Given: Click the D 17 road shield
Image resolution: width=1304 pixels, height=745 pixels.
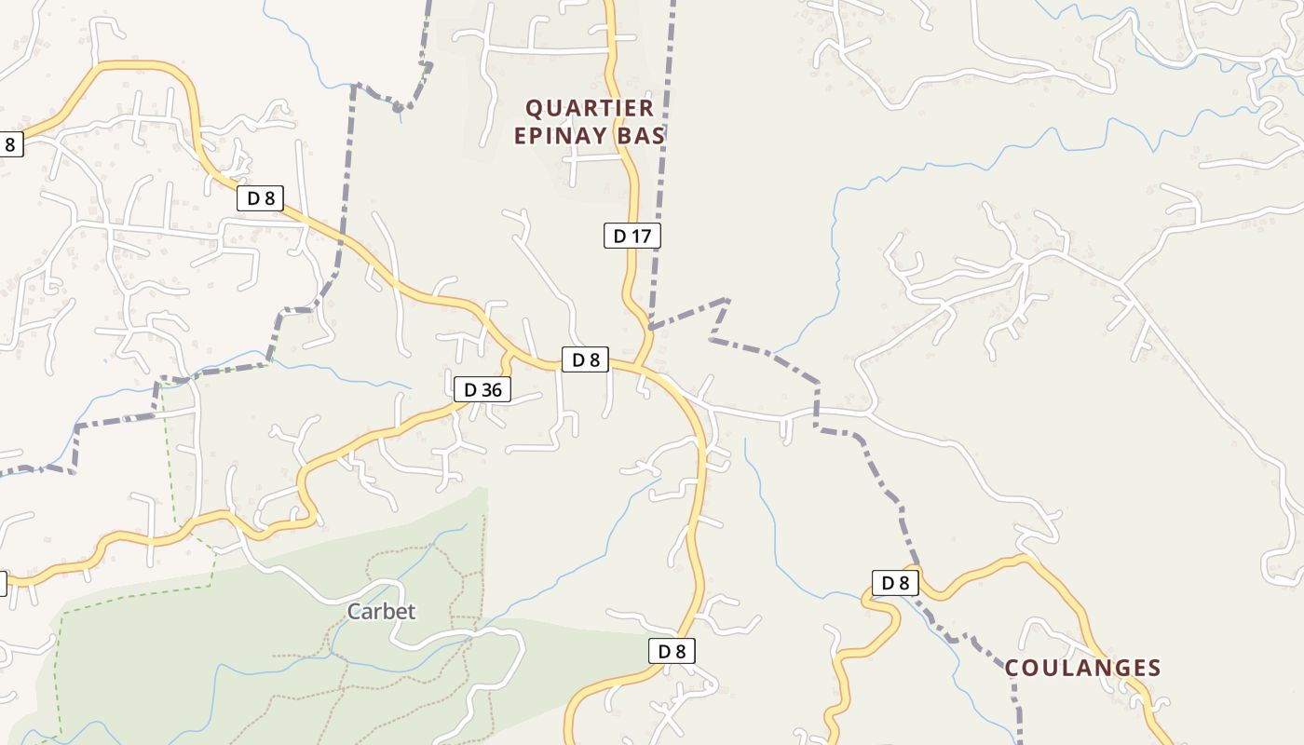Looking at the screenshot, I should click(x=632, y=236).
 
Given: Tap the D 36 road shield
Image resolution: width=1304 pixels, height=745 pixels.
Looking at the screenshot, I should click(x=482, y=390).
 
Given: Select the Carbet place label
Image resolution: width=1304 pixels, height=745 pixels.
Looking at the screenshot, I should click(x=381, y=612).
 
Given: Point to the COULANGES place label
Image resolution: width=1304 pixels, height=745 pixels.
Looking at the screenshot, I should click(x=1082, y=668).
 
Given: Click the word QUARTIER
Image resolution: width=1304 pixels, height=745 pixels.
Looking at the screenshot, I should click(x=591, y=108).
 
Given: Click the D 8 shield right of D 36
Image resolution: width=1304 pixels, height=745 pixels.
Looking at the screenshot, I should click(x=585, y=359).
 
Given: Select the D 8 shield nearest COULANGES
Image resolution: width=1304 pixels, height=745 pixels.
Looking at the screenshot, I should click(x=895, y=583).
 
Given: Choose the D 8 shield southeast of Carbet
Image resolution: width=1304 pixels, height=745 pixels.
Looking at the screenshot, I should click(x=672, y=651).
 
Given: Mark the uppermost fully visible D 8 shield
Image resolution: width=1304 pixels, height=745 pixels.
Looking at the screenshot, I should click(x=260, y=197).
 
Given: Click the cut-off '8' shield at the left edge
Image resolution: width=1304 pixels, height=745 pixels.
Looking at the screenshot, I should click(x=9, y=144).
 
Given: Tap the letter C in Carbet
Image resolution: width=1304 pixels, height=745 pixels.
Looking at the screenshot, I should click(x=354, y=612).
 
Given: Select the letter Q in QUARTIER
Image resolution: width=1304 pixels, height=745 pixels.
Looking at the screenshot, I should click(x=536, y=108).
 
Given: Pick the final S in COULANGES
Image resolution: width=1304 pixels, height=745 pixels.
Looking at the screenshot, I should click(x=1154, y=668).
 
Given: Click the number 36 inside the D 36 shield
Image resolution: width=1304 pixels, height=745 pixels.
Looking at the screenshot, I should click(x=492, y=390).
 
